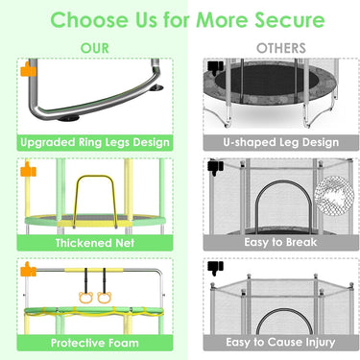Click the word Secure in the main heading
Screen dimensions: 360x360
289,20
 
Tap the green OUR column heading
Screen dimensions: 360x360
95,48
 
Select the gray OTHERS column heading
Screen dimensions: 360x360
281,48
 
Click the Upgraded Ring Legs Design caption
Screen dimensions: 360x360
95,142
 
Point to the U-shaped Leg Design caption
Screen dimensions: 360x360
281,142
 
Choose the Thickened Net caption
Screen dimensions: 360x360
95,243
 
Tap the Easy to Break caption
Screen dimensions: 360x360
280,242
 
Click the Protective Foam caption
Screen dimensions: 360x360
95,343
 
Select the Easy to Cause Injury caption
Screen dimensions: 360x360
280,342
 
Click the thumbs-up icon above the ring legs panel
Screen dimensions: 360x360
28,69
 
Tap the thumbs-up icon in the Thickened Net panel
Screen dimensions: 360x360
28,169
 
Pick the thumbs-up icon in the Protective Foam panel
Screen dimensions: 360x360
28,269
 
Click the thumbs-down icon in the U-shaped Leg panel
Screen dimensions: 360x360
215,68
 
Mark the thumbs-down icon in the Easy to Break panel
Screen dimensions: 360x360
215,168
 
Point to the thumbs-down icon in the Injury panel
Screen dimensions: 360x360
215,269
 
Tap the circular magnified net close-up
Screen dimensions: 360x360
334,196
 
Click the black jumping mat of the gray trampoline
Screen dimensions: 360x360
270,80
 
